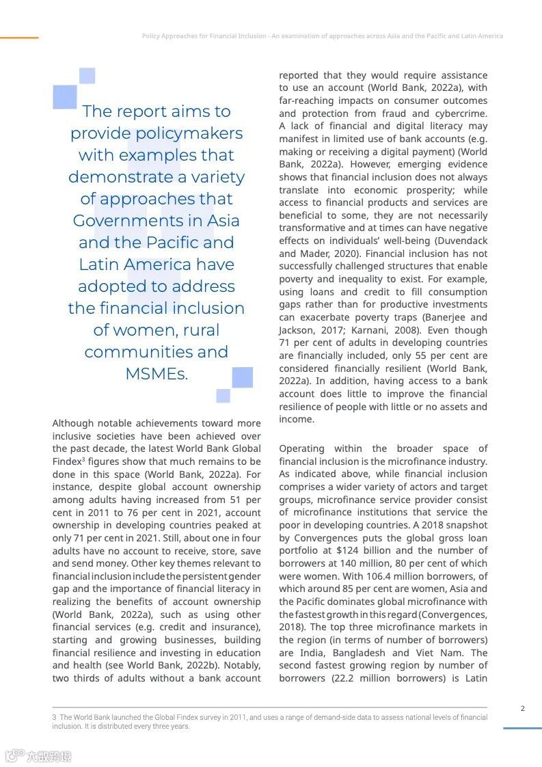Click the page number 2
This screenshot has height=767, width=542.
pos(523,708)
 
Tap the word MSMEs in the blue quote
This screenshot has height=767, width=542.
pos(156,374)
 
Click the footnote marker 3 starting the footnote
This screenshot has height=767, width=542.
pos(54,717)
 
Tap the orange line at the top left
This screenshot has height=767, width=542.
pos(19,38)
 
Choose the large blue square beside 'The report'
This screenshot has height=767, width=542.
pos(64,97)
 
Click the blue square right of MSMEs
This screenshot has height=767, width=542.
pos(242,377)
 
